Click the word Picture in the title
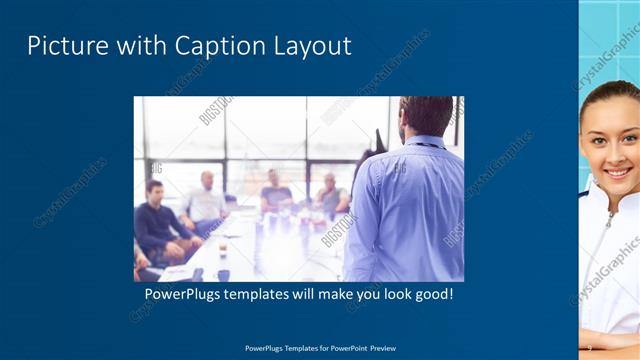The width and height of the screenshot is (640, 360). click(x=61, y=46)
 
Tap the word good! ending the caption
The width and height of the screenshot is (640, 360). click(x=433, y=296)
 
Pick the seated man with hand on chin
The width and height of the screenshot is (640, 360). click(x=331, y=195)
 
